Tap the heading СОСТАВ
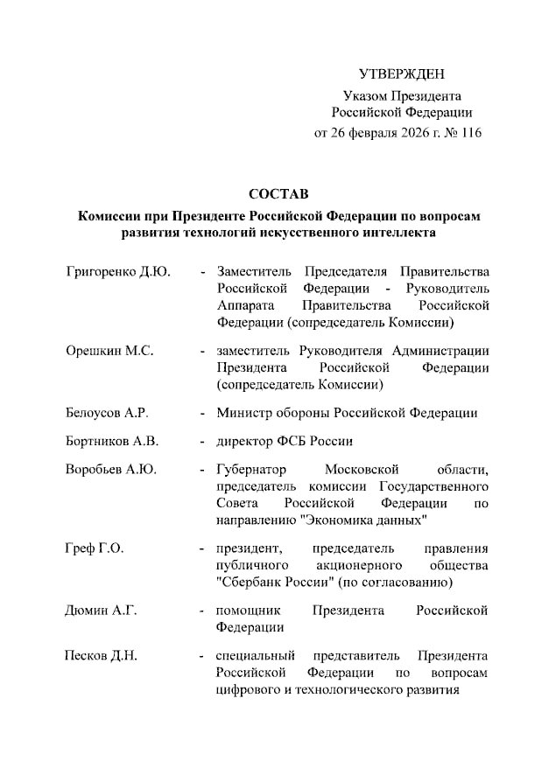coord(278,192)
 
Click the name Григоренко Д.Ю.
coord(117,271)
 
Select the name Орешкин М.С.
coord(109,351)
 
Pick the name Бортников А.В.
coord(112,442)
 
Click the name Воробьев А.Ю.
coord(111,470)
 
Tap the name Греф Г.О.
coord(95,548)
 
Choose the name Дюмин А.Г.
coord(102,611)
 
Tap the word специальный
coord(256,655)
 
